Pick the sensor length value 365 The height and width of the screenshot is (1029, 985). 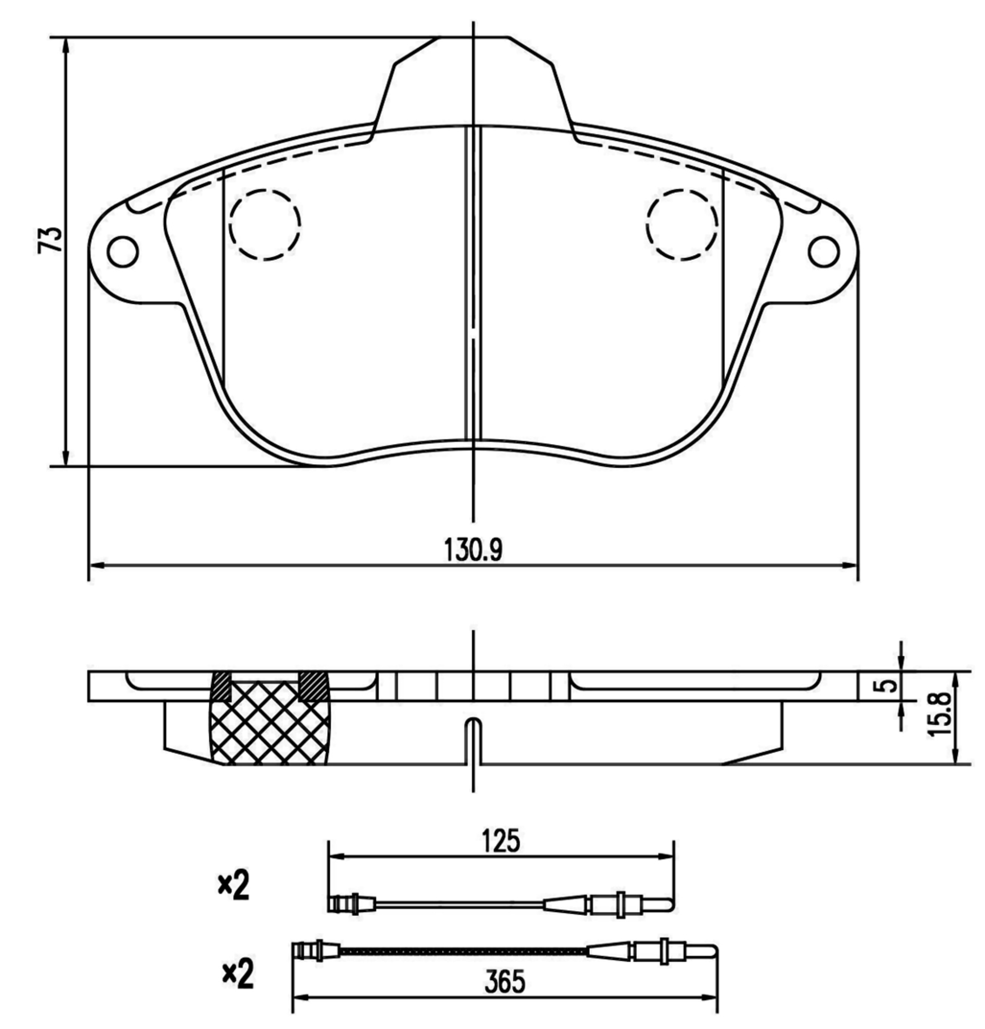pyautogui.click(x=504, y=981)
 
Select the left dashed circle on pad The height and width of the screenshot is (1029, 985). pyautogui.click(x=264, y=225)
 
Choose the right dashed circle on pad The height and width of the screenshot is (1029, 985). pyautogui.click(x=682, y=225)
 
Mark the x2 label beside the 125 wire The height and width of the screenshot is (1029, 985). pyautogui.click(x=234, y=886)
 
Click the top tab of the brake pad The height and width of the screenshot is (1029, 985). pyautogui.click(x=473, y=79)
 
